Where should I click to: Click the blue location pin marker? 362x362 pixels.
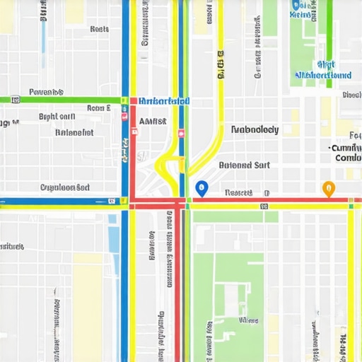click(202, 188)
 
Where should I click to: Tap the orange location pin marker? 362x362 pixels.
click(328, 188)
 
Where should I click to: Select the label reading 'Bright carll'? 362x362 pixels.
click(57, 117)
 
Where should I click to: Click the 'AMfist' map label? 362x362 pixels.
click(153, 122)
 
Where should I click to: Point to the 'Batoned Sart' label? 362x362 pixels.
click(244, 165)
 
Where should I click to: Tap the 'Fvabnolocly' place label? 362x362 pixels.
click(255, 130)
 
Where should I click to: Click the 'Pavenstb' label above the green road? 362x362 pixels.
click(47, 93)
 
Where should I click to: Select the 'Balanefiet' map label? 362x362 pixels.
click(74, 132)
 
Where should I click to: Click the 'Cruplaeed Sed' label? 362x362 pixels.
click(65, 188)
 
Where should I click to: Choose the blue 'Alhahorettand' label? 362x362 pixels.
click(322, 75)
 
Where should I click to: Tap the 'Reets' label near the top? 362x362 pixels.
click(100, 30)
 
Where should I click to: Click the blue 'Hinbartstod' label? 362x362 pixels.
click(164, 102)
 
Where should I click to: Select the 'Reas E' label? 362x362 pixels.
click(98, 109)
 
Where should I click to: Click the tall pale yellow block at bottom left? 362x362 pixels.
click(88, 304)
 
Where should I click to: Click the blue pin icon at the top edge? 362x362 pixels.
click(296, 5)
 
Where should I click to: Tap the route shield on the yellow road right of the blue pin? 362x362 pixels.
click(264, 206)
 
